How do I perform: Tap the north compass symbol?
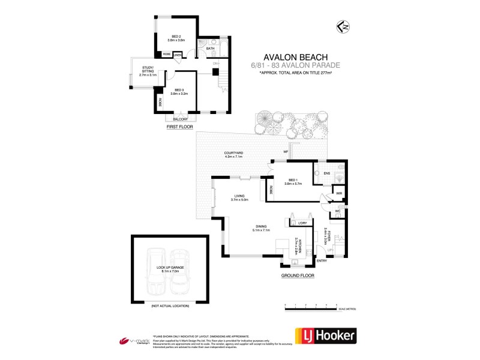pyautogui.click(x=342, y=26)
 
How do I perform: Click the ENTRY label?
pyautogui.click(x=322, y=260)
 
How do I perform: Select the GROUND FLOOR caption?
pyautogui.click(x=298, y=275)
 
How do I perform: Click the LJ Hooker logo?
pyautogui.click(x=324, y=335)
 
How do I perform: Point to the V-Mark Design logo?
pyautogui.click(x=133, y=341)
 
